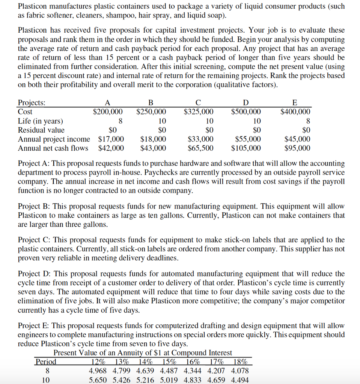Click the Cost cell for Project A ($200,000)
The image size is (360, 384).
click(x=108, y=112)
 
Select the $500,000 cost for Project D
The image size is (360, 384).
click(x=246, y=112)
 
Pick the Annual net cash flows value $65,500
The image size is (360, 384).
click(x=200, y=148)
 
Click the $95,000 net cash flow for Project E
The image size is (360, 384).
click(x=297, y=148)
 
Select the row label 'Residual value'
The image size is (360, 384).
click(x=41, y=130)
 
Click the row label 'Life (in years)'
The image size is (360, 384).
click(x=41, y=121)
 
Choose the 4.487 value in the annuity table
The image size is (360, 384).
click(x=170, y=371)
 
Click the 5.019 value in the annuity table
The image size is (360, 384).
click(x=170, y=379)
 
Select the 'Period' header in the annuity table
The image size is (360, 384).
click(x=46, y=362)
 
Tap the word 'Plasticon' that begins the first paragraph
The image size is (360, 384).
click(x=33, y=7)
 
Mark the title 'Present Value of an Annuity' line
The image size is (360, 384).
click(x=143, y=353)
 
